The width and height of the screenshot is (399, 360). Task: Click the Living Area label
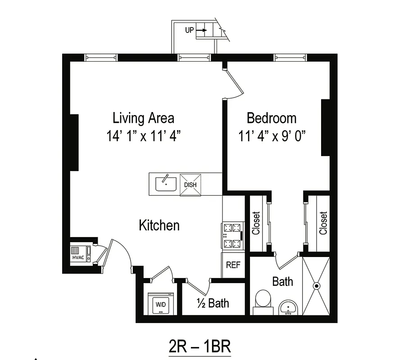point(143,118)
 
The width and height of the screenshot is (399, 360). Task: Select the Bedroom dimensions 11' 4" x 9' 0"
point(272,136)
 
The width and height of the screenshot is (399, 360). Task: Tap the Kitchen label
point(159,225)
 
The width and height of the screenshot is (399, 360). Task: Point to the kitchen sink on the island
point(165,184)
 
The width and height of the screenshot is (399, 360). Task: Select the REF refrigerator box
point(233,265)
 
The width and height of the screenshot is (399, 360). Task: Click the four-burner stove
point(232,236)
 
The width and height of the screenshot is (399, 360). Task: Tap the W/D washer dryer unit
point(160,305)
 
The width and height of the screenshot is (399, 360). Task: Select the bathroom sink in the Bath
point(288,308)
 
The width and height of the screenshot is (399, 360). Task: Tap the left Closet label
point(256,223)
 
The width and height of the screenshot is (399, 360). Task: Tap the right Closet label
point(323,223)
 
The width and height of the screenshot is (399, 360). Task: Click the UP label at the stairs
point(190,30)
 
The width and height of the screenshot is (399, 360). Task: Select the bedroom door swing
point(234,83)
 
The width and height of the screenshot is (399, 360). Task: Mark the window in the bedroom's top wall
point(290,58)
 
